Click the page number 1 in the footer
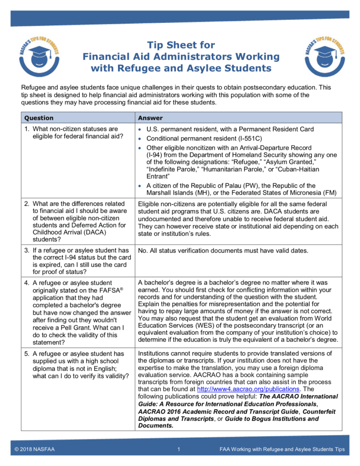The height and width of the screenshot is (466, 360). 180,450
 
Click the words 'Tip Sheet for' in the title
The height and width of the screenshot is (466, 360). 180,45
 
